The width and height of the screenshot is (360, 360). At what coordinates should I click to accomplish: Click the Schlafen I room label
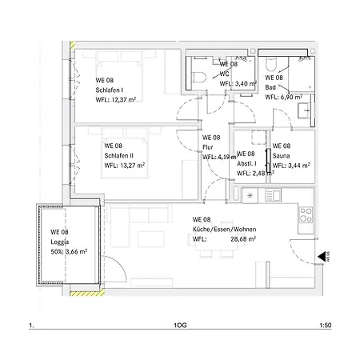coord(110,90)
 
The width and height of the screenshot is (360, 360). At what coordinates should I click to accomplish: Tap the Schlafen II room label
coord(118,156)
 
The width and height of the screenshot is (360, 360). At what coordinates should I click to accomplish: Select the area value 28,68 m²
coord(243,239)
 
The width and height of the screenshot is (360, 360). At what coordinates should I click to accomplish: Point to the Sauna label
coord(281,156)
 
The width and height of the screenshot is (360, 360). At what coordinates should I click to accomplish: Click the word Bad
coord(270,87)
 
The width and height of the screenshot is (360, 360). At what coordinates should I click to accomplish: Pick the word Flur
coord(208,147)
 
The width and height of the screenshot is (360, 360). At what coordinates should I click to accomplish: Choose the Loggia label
coord(60,242)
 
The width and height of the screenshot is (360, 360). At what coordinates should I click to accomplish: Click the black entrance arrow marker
coord(322,257)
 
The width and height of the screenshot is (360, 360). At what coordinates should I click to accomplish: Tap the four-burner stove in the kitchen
coord(306,215)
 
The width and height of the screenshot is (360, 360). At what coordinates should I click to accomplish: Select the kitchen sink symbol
coord(273,195)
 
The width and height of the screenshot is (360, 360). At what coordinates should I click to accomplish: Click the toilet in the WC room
coord(199,78)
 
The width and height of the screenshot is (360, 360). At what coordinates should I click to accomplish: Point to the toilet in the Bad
coord(271,64)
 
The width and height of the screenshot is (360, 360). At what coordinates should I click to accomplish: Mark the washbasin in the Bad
coord(304,110)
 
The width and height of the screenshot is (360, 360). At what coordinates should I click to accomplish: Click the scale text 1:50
coord(326,326)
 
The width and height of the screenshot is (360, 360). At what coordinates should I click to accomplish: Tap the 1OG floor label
coord(180,326)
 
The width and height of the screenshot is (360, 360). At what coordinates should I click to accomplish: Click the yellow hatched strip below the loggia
coord(87,294)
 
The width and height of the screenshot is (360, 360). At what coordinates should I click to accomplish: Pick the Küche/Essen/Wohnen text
coord(224,230)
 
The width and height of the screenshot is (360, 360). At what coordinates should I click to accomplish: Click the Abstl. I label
coord(246,164)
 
